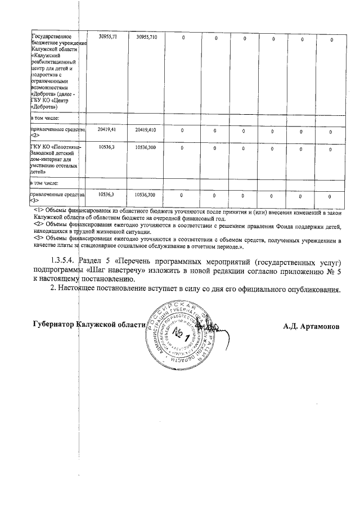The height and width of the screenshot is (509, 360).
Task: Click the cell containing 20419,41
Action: point(106,130)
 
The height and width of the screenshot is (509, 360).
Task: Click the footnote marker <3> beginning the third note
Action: point(38,238)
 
